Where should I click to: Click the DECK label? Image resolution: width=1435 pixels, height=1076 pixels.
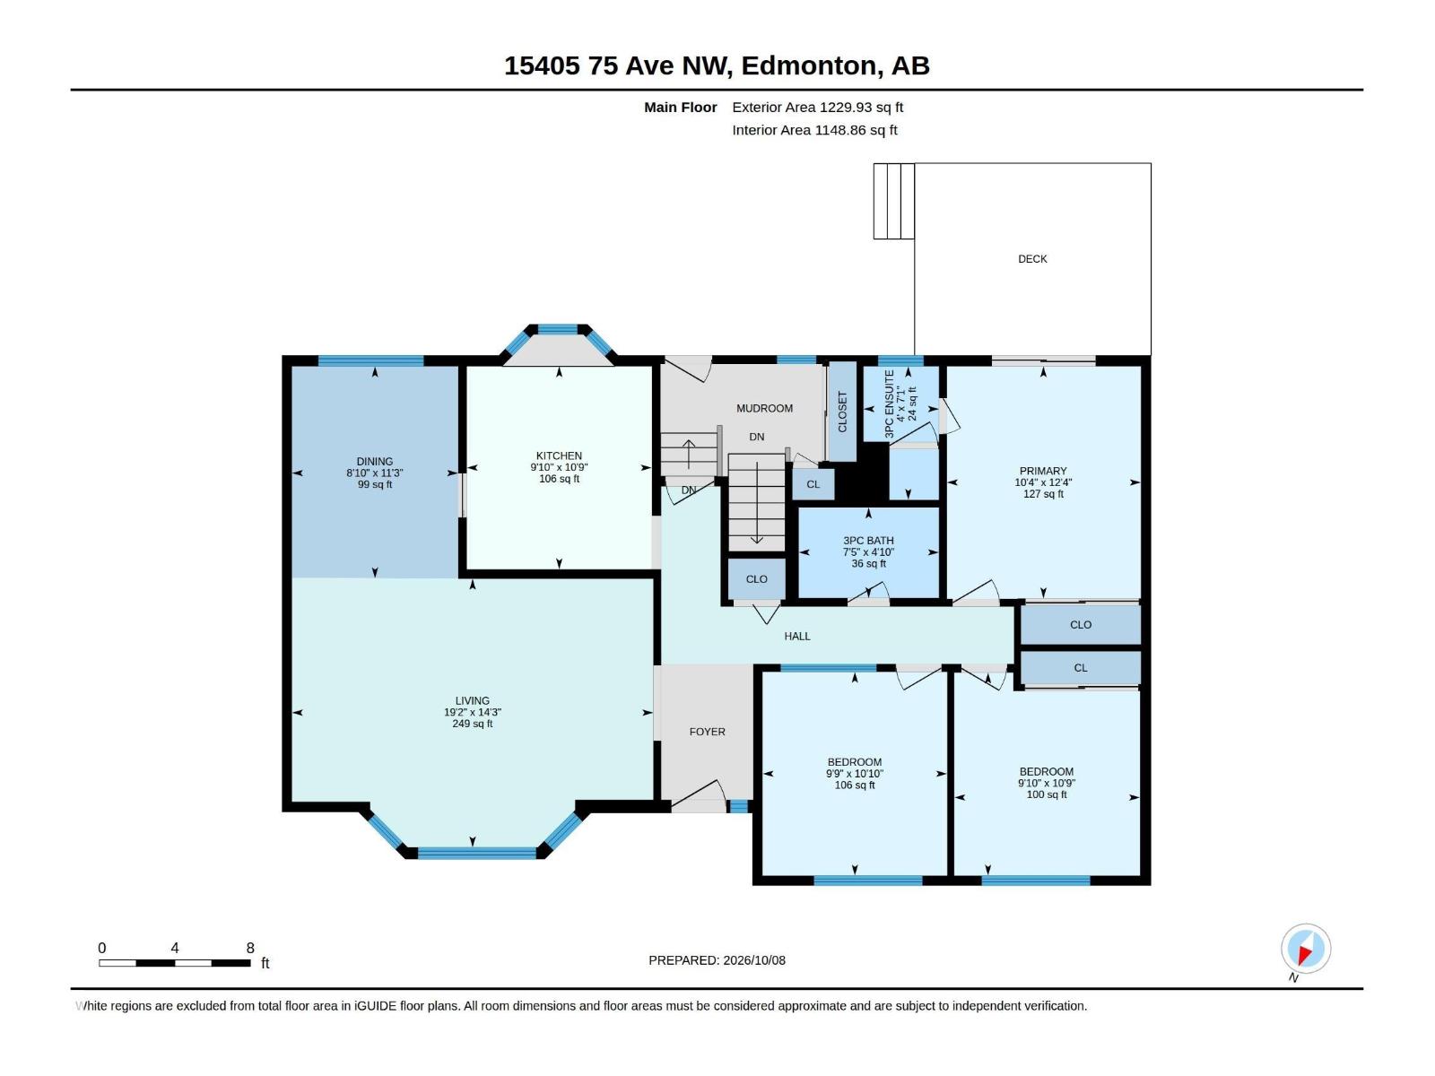[1032, 259]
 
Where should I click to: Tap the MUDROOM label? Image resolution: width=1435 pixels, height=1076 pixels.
[764, 408]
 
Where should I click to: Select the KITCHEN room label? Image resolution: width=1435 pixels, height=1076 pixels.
[559, 456]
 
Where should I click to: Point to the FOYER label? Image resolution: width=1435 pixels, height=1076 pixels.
[708, 732]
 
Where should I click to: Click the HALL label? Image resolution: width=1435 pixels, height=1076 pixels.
[797, 637]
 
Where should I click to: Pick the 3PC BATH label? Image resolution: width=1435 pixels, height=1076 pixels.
[868, 541]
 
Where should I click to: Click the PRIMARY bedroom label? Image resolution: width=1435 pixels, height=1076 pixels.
[1043, 471]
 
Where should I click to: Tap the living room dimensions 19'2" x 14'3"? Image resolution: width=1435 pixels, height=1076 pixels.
[473, 712]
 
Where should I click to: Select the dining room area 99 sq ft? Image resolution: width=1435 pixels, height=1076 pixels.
[375, 485]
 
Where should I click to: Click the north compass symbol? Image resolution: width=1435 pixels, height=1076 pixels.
[1306, 950]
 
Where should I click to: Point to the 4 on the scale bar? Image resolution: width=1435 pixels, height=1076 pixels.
[175, 948]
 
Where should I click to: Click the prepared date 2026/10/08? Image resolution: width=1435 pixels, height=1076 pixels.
[753, 960]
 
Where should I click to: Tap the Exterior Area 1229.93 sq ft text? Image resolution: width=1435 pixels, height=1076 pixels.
[817, 107]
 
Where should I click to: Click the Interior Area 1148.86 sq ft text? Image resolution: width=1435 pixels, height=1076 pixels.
[814, 130]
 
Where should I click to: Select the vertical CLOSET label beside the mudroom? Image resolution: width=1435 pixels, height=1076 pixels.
[842, 412]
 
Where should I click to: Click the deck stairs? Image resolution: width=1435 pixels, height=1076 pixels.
[893, 201]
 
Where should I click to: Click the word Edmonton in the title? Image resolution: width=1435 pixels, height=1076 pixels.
[808, 65]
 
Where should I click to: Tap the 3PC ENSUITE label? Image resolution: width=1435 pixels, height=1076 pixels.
[889, 404]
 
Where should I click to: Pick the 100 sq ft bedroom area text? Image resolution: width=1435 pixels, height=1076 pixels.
[1047, 794]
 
